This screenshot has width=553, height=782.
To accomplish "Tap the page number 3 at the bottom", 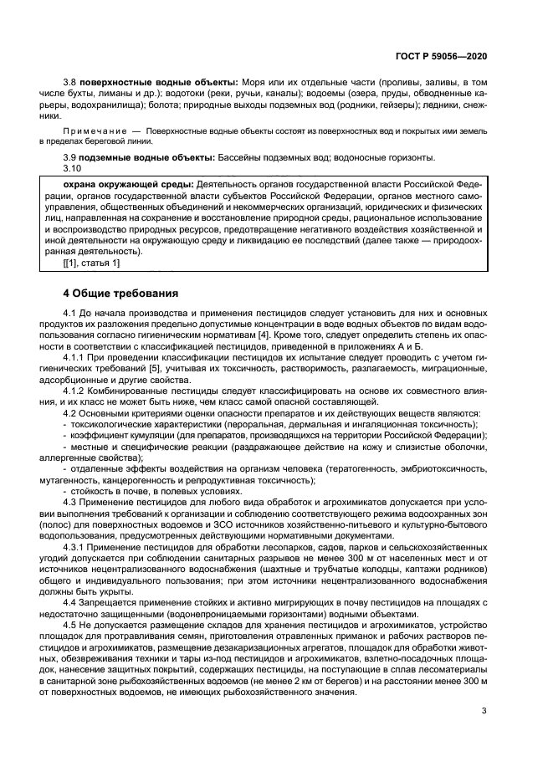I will coord(484,711).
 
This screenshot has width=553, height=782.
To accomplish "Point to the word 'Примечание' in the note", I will coord(90,132).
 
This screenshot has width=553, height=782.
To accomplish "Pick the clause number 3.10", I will coord(74,168).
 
